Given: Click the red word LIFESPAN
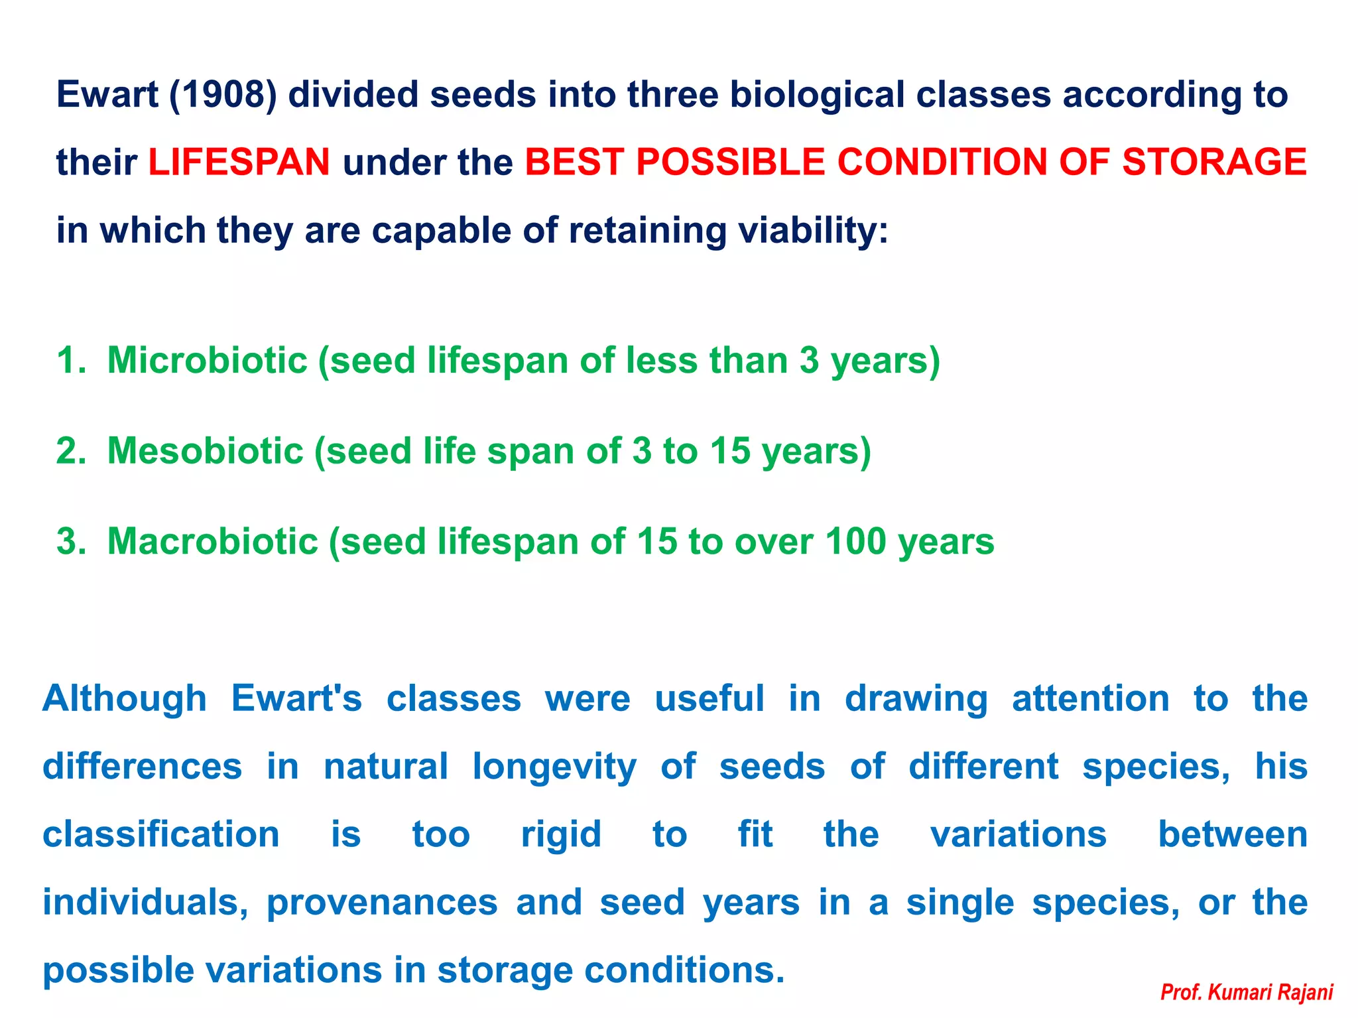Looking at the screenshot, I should coord(239,162).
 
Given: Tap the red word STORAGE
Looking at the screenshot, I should coord(1213,162).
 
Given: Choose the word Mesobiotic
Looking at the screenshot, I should coord(205,451).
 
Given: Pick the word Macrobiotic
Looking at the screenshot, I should coord(212,541).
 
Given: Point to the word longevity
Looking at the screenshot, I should coord(554,767).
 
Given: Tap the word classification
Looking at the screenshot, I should coord(161,834).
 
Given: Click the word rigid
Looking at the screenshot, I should coord(561,834).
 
